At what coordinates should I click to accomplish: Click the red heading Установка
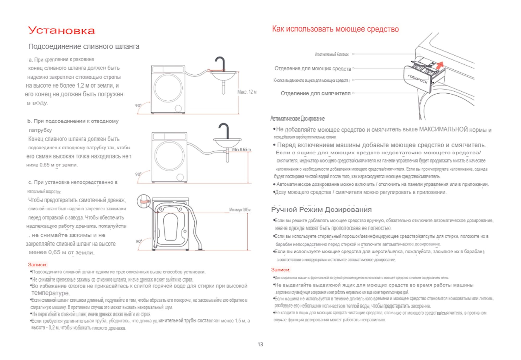click(61, 30)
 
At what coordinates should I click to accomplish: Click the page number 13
click(260, 344)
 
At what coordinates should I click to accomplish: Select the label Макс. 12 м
click(247, 92)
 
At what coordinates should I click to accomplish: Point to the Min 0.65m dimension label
click(241, 149)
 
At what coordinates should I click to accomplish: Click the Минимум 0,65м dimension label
click(240, 210)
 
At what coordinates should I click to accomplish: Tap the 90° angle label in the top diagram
click(138, 106)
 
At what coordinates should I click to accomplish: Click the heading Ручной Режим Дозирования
click(321, 210)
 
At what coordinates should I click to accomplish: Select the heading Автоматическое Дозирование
click(297, 119)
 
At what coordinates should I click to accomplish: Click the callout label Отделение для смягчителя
click(315, 93)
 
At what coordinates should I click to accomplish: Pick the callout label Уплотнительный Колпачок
click(331, 54)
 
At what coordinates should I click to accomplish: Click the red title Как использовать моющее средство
click(335, 29)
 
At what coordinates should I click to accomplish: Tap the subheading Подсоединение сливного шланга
click(84, 46)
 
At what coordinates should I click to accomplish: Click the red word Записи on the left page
click(38, 265)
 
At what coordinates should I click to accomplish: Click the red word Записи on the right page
click(281, 270)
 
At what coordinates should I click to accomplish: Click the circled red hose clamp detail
click(144, 201)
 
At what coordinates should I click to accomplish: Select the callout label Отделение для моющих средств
click(313, 69)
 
